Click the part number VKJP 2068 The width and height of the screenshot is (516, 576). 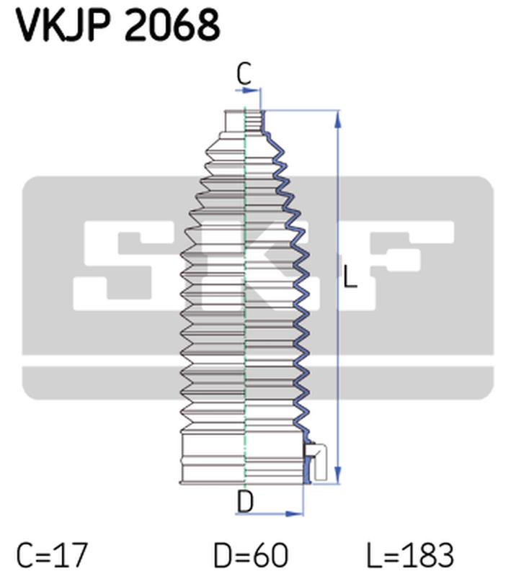[x=117, y=25]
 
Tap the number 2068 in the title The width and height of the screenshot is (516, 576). [x=172, y=25]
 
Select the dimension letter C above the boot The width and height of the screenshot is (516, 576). [x=244, y=74]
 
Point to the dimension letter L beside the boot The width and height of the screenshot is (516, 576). [x=350, y=276]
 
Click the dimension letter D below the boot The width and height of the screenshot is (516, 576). [x=245, y=501]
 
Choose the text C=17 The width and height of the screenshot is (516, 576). [x=52, y=554]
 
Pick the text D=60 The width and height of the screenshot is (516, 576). [x=251, y=554]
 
